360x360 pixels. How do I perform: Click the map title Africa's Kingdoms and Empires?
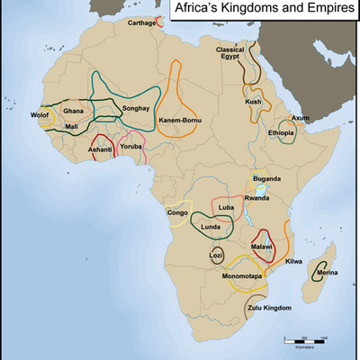pos(261,13)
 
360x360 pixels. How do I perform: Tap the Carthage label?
pos(141,22)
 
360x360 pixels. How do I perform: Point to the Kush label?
pos(254,102)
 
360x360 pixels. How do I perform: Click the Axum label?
pos(301,118)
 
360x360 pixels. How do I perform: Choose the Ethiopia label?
pos(281,133)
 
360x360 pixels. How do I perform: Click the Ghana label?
pos(73,111)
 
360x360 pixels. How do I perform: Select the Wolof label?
pos(40,116)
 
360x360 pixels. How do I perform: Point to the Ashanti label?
pos(100,148)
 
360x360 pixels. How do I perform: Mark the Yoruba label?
pos(132,146)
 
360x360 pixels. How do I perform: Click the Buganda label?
pos(267,179)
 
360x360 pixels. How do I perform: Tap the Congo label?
pos(177,213)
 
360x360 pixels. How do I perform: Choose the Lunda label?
pos(210,227)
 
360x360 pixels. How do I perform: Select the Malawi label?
pos(262,246)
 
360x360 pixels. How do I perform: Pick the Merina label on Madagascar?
pos(328,272)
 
